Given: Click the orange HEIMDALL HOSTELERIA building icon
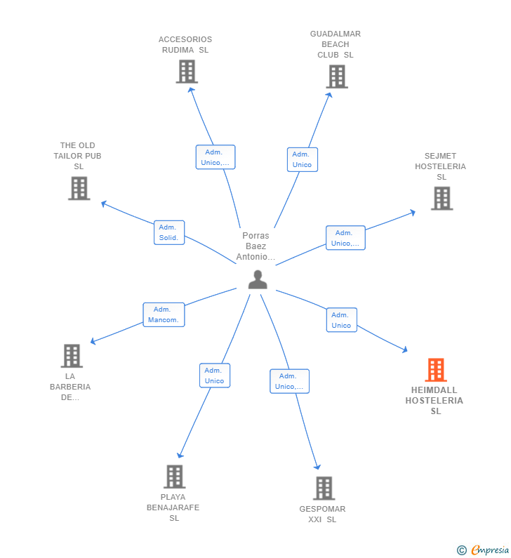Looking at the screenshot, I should pyautogui.click(x=436, y=370).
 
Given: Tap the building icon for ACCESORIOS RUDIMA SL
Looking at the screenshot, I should pyautogui.click(x=187, y=72).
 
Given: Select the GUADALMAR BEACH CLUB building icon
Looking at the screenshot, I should pyautogui.click(x=337, y=77).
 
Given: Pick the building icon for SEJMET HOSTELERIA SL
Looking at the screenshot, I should pyautogui.click(x=442, y=199).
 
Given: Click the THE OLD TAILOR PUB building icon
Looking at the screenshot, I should pyautogui.click(x=79, y=188).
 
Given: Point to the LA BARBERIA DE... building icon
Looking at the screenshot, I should pyautogui.click(x=72, y=356).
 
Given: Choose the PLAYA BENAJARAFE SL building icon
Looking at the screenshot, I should pyautogui.click(x=174, y=477).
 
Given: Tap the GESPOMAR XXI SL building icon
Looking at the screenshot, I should pyautogui.click(x=324, y=488).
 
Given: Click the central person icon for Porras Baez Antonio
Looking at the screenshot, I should pyautogui.click(x=258, y=279).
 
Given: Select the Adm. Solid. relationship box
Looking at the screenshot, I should pyautogui.click(x=169, y=232).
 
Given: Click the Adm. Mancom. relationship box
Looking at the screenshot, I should pyautogui.click(x=164, y=314).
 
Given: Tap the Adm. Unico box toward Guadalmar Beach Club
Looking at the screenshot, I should pyautogui.click(x=302, y=159).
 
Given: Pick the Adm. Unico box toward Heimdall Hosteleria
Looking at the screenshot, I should pyautogui.click(x=341, y=320).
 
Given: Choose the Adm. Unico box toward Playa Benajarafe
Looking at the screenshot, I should pyautogui.click(x=214, y=376).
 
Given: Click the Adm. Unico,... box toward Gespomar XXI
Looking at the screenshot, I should pyautogui.click(x=289, y=381).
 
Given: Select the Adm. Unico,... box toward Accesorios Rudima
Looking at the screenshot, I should pyautogui.click(x=215, y=157).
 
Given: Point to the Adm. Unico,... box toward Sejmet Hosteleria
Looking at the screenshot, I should pyautogui.click(x=345, y=238).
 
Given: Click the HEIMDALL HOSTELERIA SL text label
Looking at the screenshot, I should pyautogui.click(x=434, y=401).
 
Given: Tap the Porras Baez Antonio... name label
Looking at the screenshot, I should pyautogui.click(x=255, y=246).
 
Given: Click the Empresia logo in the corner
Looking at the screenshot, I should pyautogui.click(x=484, y=550).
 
